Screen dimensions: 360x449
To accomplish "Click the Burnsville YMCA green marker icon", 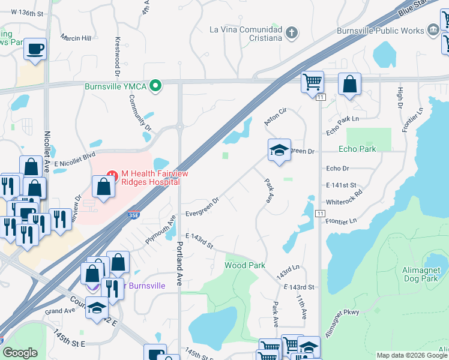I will (156, 86).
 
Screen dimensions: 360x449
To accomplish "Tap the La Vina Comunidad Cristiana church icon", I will (292, 32).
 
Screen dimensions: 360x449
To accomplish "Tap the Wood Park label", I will (245, 265).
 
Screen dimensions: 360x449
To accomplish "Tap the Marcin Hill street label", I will (77, 37).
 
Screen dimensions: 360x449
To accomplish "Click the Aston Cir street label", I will (276, 117).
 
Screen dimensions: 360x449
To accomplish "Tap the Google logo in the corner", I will (20, 353).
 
